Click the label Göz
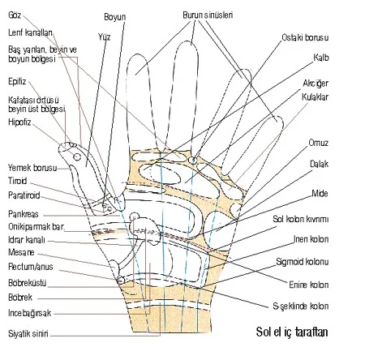pos(15,15)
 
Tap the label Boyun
pos(115,17)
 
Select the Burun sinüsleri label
pos(208,15)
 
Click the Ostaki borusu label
pos(305,37)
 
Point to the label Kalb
pos(321,58)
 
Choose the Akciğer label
pos(316,84)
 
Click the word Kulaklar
pos(315,97)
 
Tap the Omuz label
pos(319,143)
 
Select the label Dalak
pos(319,164)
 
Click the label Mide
pos(320,194)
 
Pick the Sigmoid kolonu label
pos(303,262)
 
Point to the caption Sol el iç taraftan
pos(292,332)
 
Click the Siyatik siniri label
pos(28,334)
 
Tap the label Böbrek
pos(20,298)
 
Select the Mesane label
pos(21,252)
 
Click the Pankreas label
pos(24,214)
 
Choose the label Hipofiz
pos(19,122)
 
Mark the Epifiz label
pos(17,81)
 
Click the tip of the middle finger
pos(187,41)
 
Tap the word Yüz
pos(105,36)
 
